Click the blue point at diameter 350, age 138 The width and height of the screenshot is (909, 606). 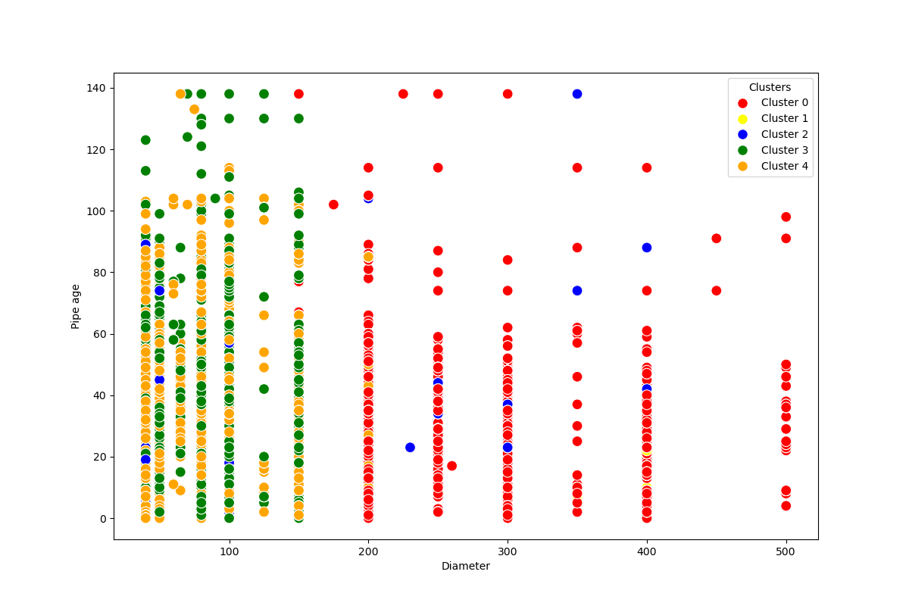click(x=577, y=94)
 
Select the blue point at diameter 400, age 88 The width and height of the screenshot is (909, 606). click(x=647, y=248)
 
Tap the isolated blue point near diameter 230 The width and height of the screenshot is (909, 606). click(x=410, y=448)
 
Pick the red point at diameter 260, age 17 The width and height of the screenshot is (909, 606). click(x=451, y=466)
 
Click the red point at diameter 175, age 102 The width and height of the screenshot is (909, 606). click(x=333, y=205)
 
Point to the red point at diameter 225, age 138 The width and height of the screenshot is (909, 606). click(x=403, y=94)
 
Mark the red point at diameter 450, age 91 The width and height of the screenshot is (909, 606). click(x=717, y=239)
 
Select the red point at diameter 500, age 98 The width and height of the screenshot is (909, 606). click(x=786, y=217)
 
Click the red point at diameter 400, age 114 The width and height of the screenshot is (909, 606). click(x=647, y=167)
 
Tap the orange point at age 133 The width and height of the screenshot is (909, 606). click(x=194, y=109)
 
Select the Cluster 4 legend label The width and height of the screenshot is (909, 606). click(x=784, y=166)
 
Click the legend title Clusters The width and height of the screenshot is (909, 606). click(x=770, y=87)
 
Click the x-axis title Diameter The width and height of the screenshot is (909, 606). click(x=466, y=567)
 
